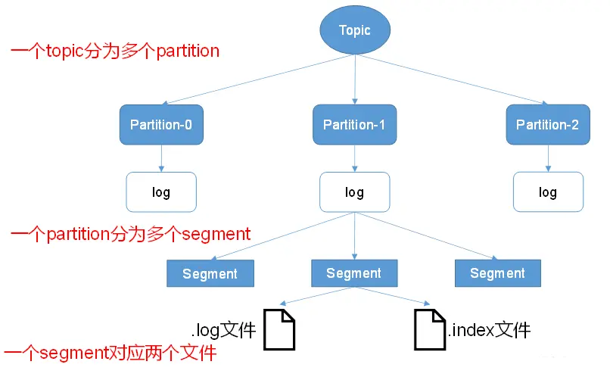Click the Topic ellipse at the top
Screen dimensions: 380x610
point(355,31)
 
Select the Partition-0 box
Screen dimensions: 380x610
point(161,125)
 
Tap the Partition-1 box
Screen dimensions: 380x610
point(354,125)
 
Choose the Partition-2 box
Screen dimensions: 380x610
point(547,125)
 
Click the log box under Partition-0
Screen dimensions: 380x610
point(161,192)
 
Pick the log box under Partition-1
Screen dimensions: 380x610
point(354,192)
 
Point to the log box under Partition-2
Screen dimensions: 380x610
point(547,192)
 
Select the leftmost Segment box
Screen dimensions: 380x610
point(210,274)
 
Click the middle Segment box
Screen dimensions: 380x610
point(354,273)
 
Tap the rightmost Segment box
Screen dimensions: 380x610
point(497,273)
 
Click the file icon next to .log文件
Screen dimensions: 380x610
point(279,329)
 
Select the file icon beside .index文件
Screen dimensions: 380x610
point(429,329)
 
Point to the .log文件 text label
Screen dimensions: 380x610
point(224,331)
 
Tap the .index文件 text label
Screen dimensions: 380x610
point(489,330)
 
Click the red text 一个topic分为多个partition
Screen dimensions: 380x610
point(115,51)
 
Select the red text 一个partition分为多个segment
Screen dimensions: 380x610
point(130,234)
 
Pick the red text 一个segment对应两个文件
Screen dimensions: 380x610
point(110,353)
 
